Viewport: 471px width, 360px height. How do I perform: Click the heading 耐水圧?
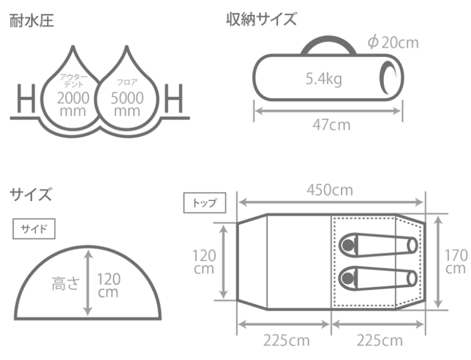pos(32,21)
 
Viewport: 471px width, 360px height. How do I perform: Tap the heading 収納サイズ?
pos(261,19)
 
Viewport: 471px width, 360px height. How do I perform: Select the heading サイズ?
pos(30,194)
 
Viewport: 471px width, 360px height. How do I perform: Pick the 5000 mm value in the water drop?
pos(126,104)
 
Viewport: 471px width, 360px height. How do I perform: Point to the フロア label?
pos(126,83)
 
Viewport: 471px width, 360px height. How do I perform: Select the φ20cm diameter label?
pos(393,43)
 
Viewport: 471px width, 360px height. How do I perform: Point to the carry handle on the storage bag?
pos(328,45)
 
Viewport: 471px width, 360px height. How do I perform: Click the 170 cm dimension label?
pos(455,261)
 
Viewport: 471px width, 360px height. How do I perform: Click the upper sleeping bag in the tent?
pos(378,245)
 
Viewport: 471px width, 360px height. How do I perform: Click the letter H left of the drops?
pos(26,102)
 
